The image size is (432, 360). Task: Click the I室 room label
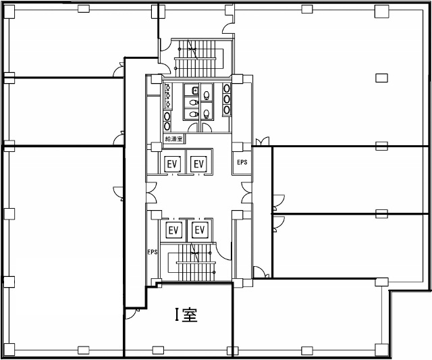pyautogui.click(x=186, y=315)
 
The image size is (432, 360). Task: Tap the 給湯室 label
pyautogui.click(x=174, y=138)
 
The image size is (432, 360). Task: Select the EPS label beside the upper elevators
pyautogui.click(x=242, y=162)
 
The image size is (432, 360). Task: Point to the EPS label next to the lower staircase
pyautogui.click(x=153, y=252)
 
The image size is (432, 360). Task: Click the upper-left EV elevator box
pyautogui.click(x=172, y=164)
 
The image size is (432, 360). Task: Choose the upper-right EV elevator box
pyautogui.click(x=198, y=164)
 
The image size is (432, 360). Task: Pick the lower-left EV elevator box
pyautogui.click(x=173, y=230)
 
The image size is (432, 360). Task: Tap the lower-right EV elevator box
pyautogui.click(x=200, y=230)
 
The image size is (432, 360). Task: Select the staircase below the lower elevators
pyautogui.click(x=192, y=262)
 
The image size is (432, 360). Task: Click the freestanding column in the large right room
pyautogui.click(x=381, y=78)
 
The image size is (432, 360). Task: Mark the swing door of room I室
pyautogui.click(x=131, y=314)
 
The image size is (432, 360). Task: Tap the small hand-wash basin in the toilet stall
pyautogui.click(x=195, y=90)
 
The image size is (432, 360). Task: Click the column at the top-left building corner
pyautogui.click(x=9, y=11)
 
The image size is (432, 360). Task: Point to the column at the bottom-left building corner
pyautogui.click(x=9, y=349)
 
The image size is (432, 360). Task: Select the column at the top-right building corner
pyautogui.click(x=381, y=11)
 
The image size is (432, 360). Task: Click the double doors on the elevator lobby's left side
pyautogui.click(x=151, y=192)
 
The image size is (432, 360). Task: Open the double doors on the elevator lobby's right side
pyautogui.click(x=246, y=192)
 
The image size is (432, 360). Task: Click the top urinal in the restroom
pyautogui.click(x=168, y=88)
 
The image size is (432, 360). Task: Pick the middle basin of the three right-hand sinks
pyautogui.click(x=227, y=99)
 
